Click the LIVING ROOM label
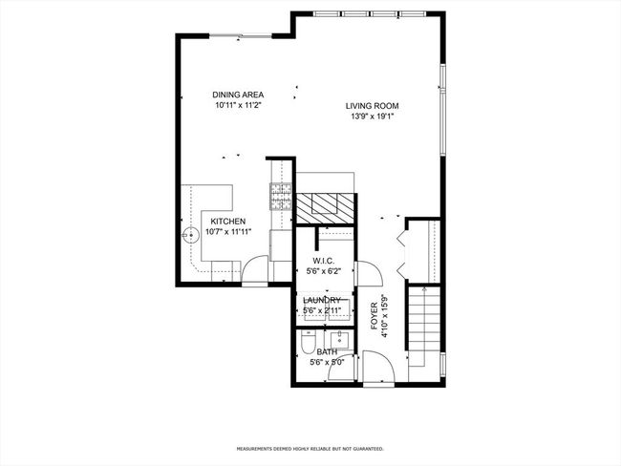tap(372, 106)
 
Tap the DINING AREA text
tap(238, 95)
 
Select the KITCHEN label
tap(227, 222)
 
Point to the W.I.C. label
tap(324, 261)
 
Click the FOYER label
tap(374, 316)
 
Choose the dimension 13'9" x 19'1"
tap(372, 116)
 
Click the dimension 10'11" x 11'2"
tap(238, 105)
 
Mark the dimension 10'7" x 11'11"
tap(228, 232)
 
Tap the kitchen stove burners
tap(281, 197)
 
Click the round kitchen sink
tap(190, 235)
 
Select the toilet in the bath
tap(308, 343)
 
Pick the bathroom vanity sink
tap(339, 340)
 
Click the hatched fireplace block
tap(325, 209)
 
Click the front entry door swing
tap(379, 367)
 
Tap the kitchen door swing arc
tap(255, 269)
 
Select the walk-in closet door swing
tap(370, 273)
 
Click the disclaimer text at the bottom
tap(310, 449)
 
